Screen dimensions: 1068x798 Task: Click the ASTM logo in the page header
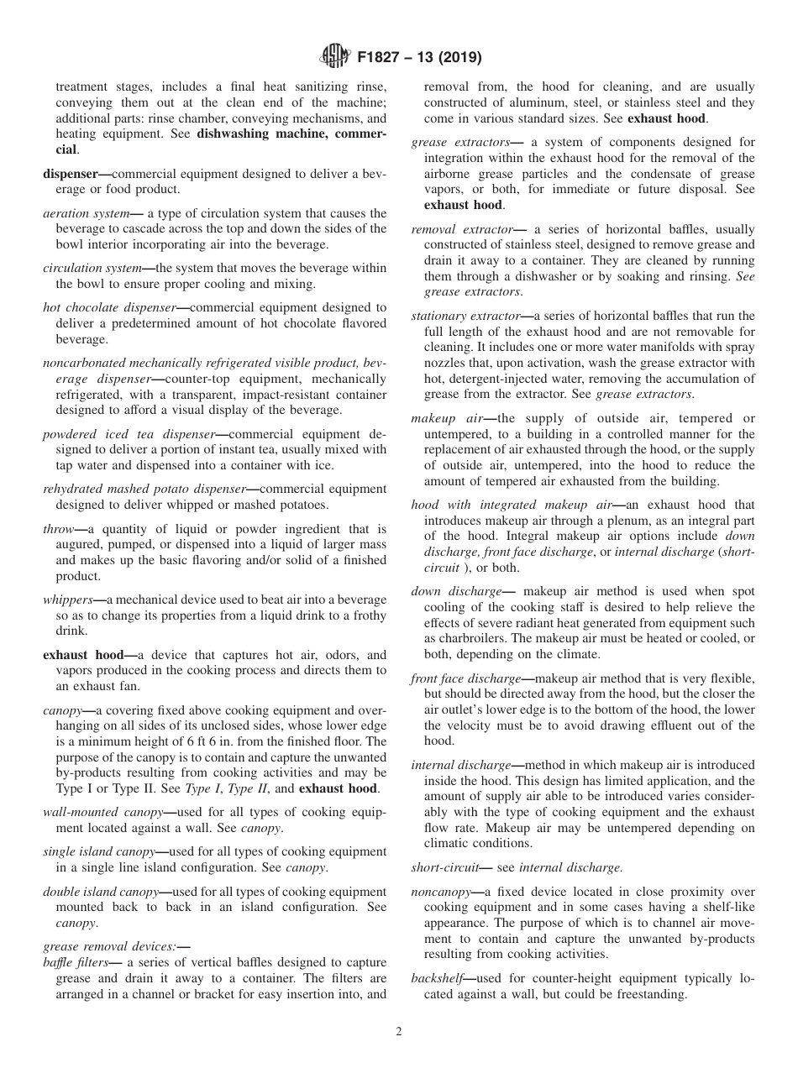[x=335, y=58]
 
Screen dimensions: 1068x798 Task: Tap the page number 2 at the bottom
[x=399, y=1032]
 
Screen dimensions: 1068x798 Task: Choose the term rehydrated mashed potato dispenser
[x=144, y=489]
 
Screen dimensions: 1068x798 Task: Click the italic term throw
[x=58, y=529]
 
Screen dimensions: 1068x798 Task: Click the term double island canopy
[x=100, y=892]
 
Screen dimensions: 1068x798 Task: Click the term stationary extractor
[x=465, y=316]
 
